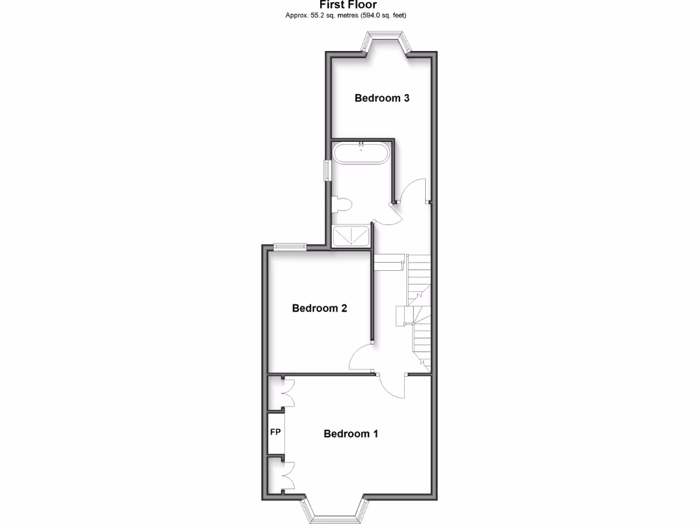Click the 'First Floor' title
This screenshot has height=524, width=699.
(349, 5)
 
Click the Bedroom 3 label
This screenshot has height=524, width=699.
(382, 98)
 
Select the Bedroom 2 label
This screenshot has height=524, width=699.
(319, 308)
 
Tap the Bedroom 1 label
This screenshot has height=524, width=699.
(350, 433)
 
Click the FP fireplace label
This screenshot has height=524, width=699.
(276, 432)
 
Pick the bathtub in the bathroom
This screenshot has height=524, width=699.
(360, 152)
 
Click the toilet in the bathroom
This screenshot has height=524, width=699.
(341, 203)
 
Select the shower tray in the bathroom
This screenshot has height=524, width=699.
(352, 236)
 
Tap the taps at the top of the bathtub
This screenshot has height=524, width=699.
(360, 144)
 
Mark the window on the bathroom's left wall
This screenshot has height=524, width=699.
(327, 170)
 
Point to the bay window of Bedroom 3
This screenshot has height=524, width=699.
(385, 45)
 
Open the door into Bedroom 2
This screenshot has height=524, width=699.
(361, 358)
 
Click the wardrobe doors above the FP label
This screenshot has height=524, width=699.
(286, 394)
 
